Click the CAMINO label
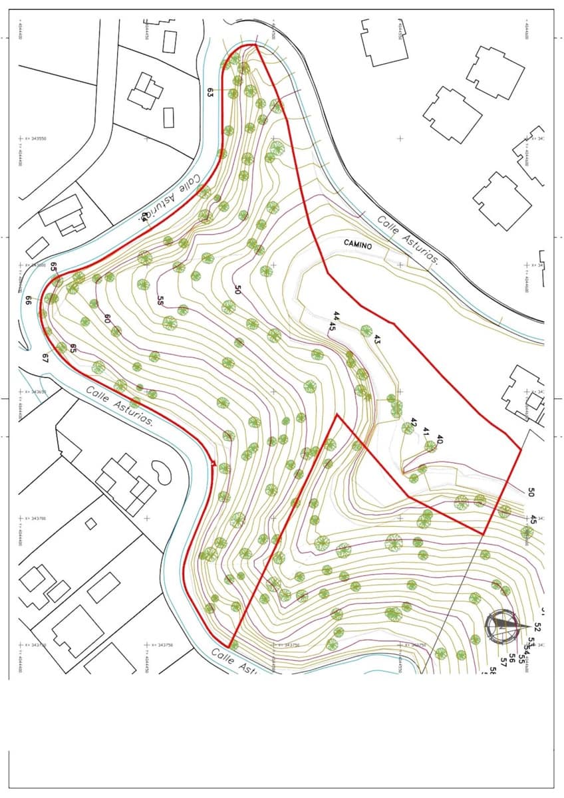coord(358,243)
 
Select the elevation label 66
coord(29,300)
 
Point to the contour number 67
coord(45,358)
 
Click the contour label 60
coord(106,319)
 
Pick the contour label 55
coord(160,300)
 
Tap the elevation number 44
coord(337,315)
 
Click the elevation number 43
coord(377,339)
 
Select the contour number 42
coord(414,423)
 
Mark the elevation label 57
coord(503,663)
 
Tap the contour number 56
coord(512,658)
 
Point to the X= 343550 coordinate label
coord(33,138)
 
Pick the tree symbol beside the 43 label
coord(366,331)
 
